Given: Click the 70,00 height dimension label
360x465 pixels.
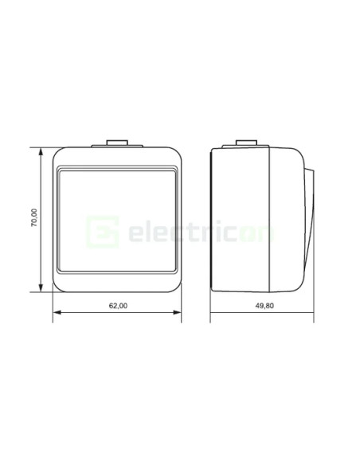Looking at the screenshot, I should pyautogui.click(x=33, y=219).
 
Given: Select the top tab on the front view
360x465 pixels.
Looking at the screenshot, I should pyautogui.click(x=117, y=146).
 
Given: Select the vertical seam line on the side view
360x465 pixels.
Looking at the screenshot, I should pyautogui.click(x=270, y=219).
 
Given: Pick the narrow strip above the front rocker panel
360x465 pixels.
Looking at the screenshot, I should pyautogui.click(x=117, y=168).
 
